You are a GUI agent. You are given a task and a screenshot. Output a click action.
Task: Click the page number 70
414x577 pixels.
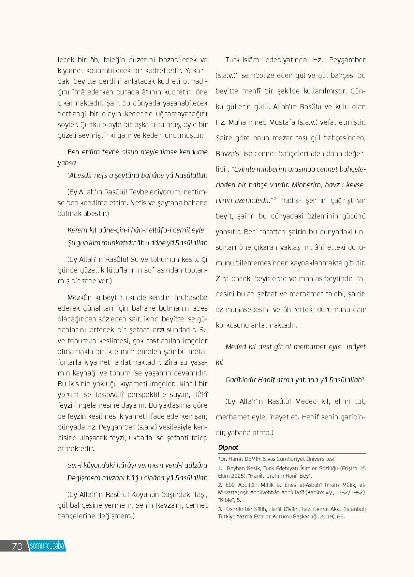click(17, 546)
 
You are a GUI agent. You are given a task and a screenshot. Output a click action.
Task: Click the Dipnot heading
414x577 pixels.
click(229, 448)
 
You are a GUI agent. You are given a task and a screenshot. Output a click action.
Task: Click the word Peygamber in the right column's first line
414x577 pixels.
click(347, 60)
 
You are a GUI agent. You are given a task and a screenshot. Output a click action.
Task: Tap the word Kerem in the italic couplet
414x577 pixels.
click(76, 230)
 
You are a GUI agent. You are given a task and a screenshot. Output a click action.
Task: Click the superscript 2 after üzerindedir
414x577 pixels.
click(275, 199)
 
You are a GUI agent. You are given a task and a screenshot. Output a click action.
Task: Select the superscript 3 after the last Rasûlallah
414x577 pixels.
click(363, 378)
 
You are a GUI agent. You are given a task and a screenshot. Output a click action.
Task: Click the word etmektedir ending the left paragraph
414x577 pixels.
click(76, 448)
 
